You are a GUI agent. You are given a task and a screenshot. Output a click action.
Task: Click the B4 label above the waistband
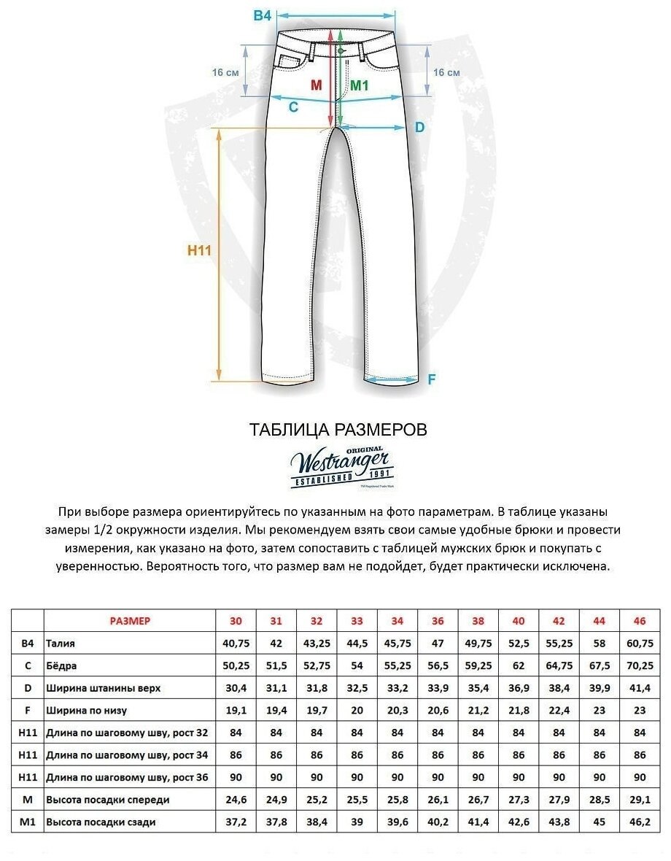pyautogui.click(x=262, y=15)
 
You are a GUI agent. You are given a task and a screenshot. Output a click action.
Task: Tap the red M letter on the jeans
pyautogui.click(x=317, y=85)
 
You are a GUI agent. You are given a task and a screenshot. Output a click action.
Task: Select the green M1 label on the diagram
pyautogui.click(x=360, y=85)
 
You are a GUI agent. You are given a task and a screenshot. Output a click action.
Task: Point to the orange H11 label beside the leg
pyautogui.click(x=199, y=250)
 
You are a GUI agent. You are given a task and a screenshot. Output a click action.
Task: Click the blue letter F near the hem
pyautogui.click(x=431, y=379)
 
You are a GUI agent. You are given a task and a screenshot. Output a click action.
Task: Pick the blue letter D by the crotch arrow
pyautogui.click(x=419, y=127)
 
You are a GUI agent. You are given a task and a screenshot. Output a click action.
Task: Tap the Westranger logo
pyautogui.click(x=341, y=466)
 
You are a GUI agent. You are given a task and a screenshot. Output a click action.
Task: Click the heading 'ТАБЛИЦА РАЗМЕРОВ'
pyautogui.click(x=338, y=429)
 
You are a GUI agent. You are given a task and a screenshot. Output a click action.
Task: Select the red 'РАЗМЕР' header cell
pyautogui.click(x=130, y=621)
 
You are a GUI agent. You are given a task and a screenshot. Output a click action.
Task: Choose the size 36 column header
pyautogui.click(x=438, y=621)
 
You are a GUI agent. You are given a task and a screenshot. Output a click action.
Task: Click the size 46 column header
pyautogui.click(x=640, y=621)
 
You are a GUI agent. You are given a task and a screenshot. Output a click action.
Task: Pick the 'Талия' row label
pyautogui.click(x=61, y=644)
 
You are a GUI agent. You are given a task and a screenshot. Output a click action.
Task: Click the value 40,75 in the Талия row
pyautogui.click(x=236, y=644)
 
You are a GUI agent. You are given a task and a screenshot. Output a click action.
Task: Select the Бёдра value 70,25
pyautogui.click(x=640, y=665)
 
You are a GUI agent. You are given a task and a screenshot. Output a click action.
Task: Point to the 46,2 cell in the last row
pyautogui.click(x=640, y=822)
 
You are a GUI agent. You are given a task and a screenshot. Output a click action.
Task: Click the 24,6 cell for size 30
pyautogui.click(x=236, y=800)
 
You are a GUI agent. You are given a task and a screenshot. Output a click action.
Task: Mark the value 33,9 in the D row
pyautogui.click(x=438, y=688)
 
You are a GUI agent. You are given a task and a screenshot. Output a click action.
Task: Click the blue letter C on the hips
pyautogui.click(x=293, y=107)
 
